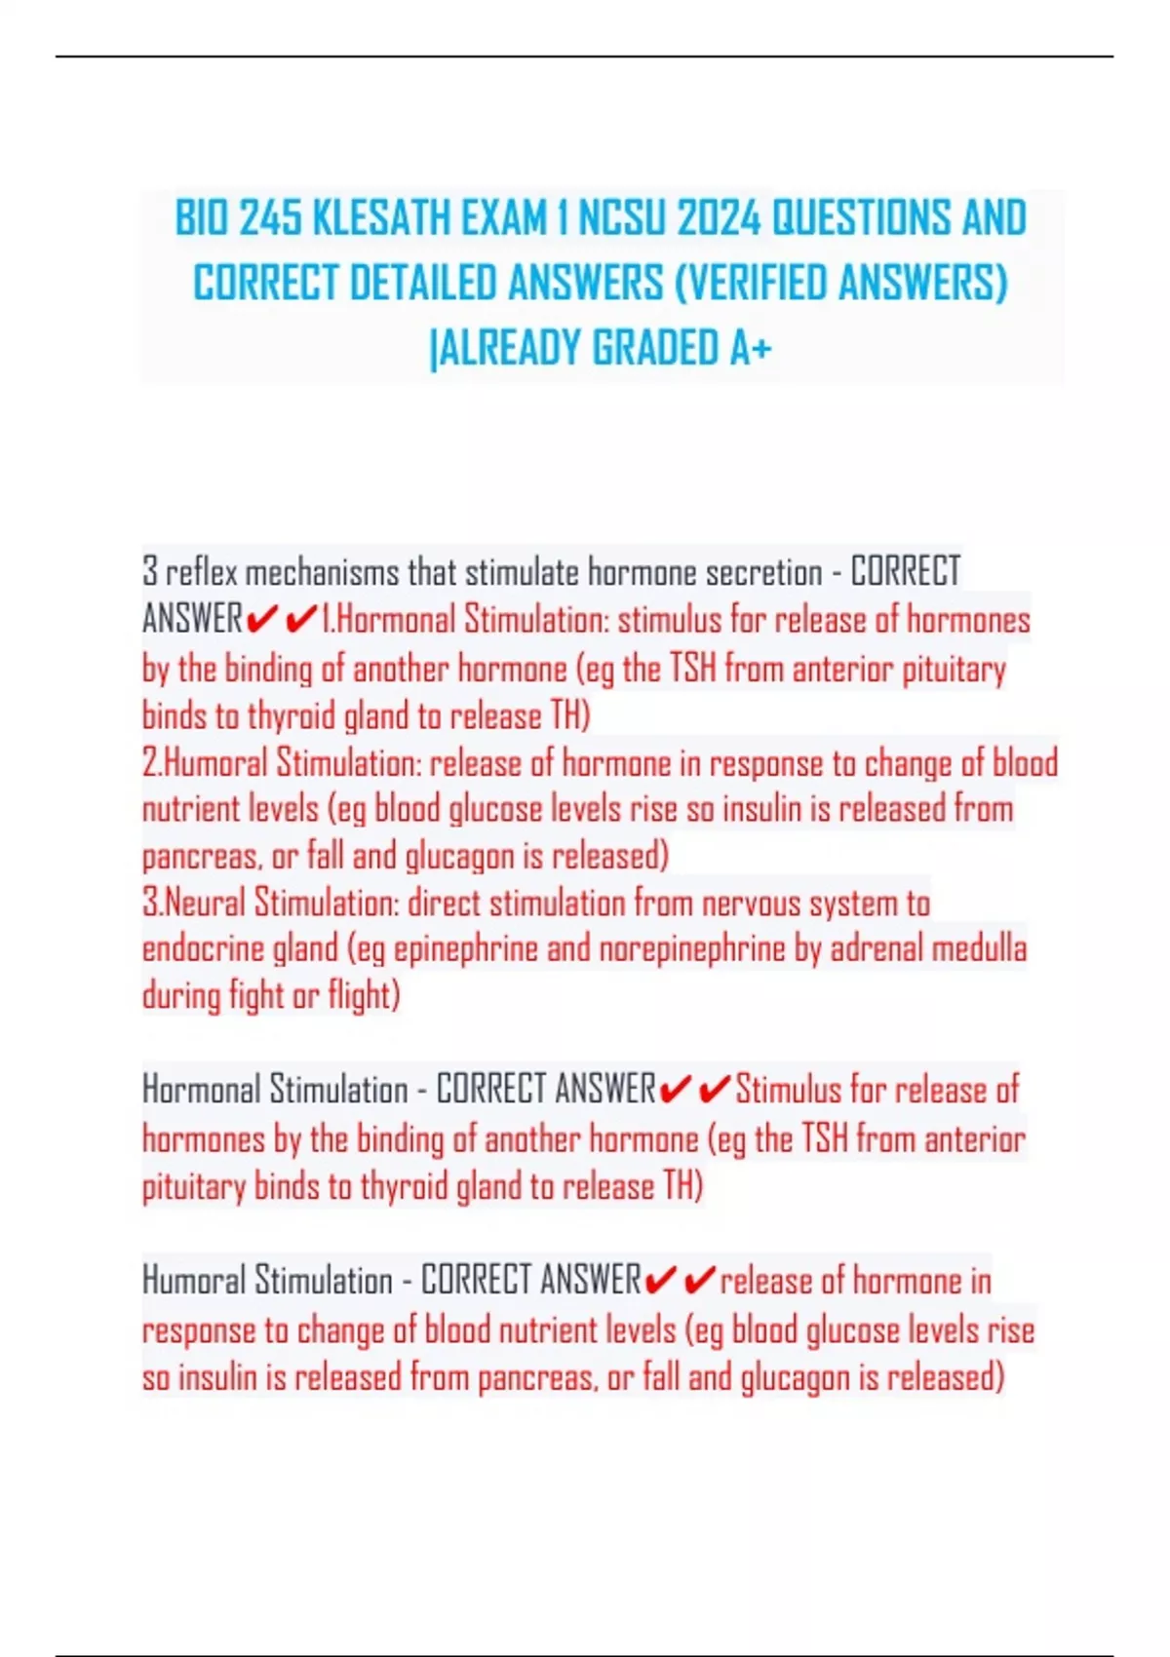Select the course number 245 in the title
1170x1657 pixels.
pyautogui.click(x=270, y=217)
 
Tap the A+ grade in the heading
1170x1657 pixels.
pyautogui.click(x=750, y=348)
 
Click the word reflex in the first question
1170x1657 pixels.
pyautogui.click(x=202, y=572)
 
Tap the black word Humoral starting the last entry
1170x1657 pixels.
pyautogui.click(x=193, y=1280)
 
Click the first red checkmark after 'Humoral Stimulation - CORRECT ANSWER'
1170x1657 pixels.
pyautogui.click(x=660, y=1280)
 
